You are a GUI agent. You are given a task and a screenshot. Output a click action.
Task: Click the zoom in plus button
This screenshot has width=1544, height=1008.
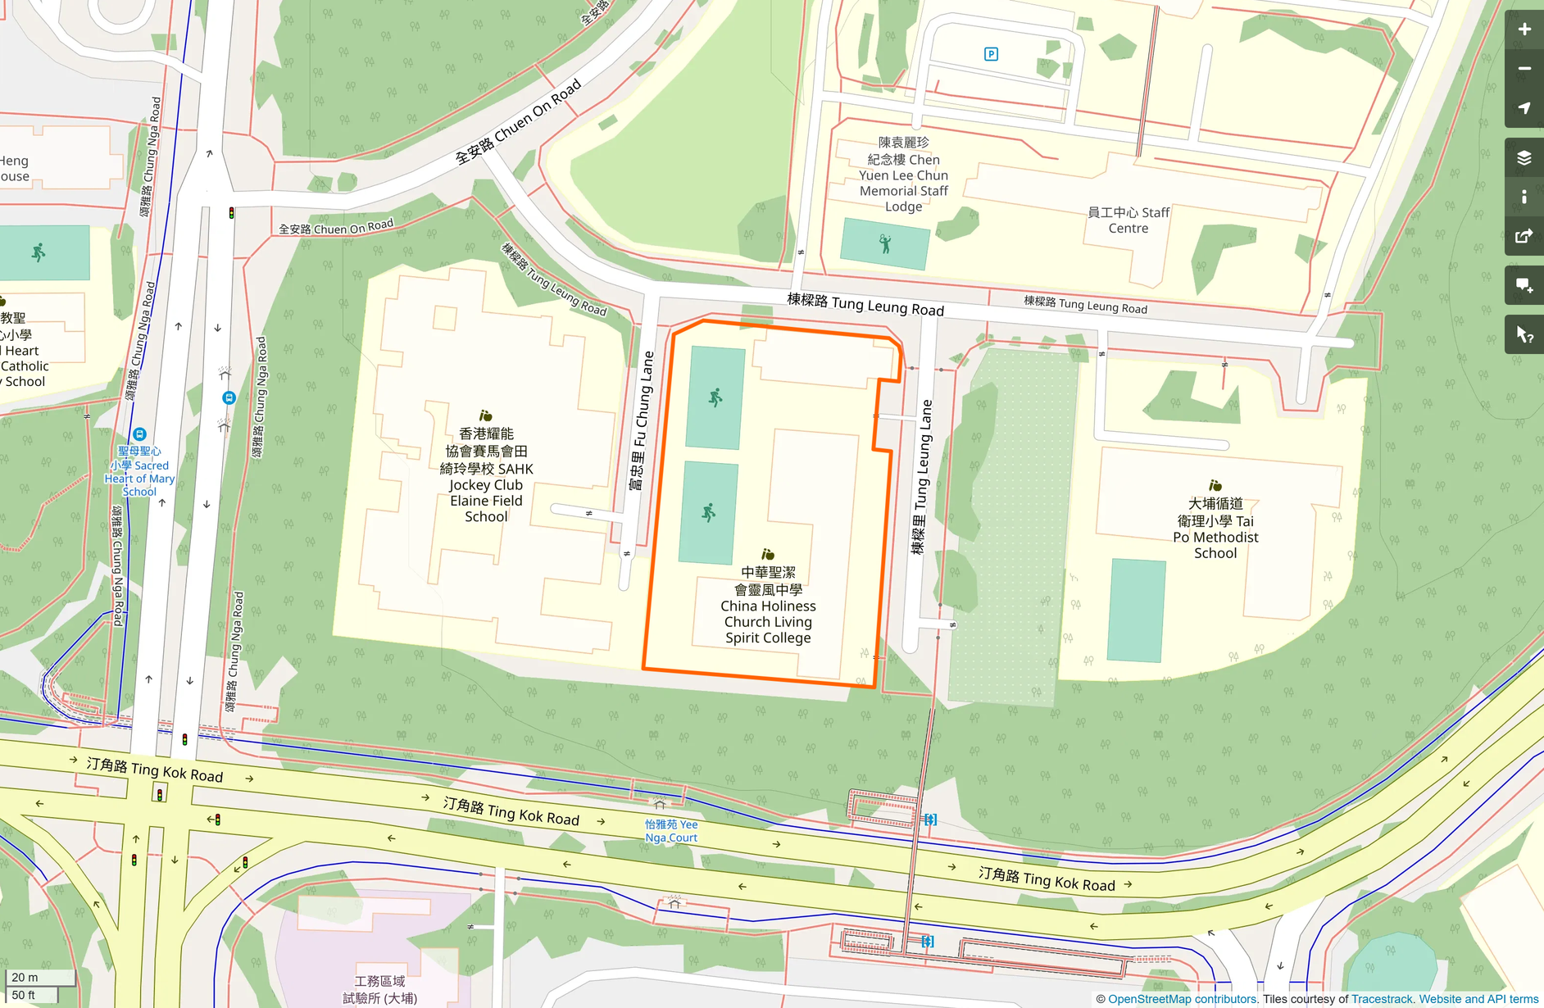(1524, 30)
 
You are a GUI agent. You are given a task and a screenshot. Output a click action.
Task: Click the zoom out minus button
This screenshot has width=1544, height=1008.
(1524, 69)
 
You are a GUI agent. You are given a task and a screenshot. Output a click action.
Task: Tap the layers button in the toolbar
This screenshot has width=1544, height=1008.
(1524, 157)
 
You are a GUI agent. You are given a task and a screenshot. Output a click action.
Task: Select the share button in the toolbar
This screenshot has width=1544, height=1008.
(1524, 237)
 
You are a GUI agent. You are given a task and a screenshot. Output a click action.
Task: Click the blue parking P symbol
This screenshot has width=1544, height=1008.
(991, 54)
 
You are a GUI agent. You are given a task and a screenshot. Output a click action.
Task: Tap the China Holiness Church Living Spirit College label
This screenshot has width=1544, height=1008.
(768, 606)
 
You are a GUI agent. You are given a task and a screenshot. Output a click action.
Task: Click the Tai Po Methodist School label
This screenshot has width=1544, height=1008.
(1215, 529)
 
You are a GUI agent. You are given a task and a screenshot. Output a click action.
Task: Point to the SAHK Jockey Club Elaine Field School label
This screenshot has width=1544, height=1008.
(486, 475)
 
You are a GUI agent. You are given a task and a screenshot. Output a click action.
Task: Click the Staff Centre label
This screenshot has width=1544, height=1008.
(1128, 220)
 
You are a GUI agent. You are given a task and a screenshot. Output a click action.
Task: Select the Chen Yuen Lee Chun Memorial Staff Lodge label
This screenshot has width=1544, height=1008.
(903, 175)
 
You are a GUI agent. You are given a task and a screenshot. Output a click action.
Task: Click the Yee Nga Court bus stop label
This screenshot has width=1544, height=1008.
(671, 831)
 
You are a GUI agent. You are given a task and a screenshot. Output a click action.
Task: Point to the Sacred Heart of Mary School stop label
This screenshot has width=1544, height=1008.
(139, 471)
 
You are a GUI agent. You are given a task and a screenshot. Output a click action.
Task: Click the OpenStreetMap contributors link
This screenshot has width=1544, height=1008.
(1182, 999)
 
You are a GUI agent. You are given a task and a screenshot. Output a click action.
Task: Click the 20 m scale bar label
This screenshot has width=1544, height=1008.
(25, 977)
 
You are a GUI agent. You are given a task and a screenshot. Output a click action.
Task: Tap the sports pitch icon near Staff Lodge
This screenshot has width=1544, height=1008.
(885, 243)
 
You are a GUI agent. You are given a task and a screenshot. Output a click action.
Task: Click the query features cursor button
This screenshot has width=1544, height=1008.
(1524, 334)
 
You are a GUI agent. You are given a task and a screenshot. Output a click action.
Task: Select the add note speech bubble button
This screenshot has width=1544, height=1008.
(1524, 285)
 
